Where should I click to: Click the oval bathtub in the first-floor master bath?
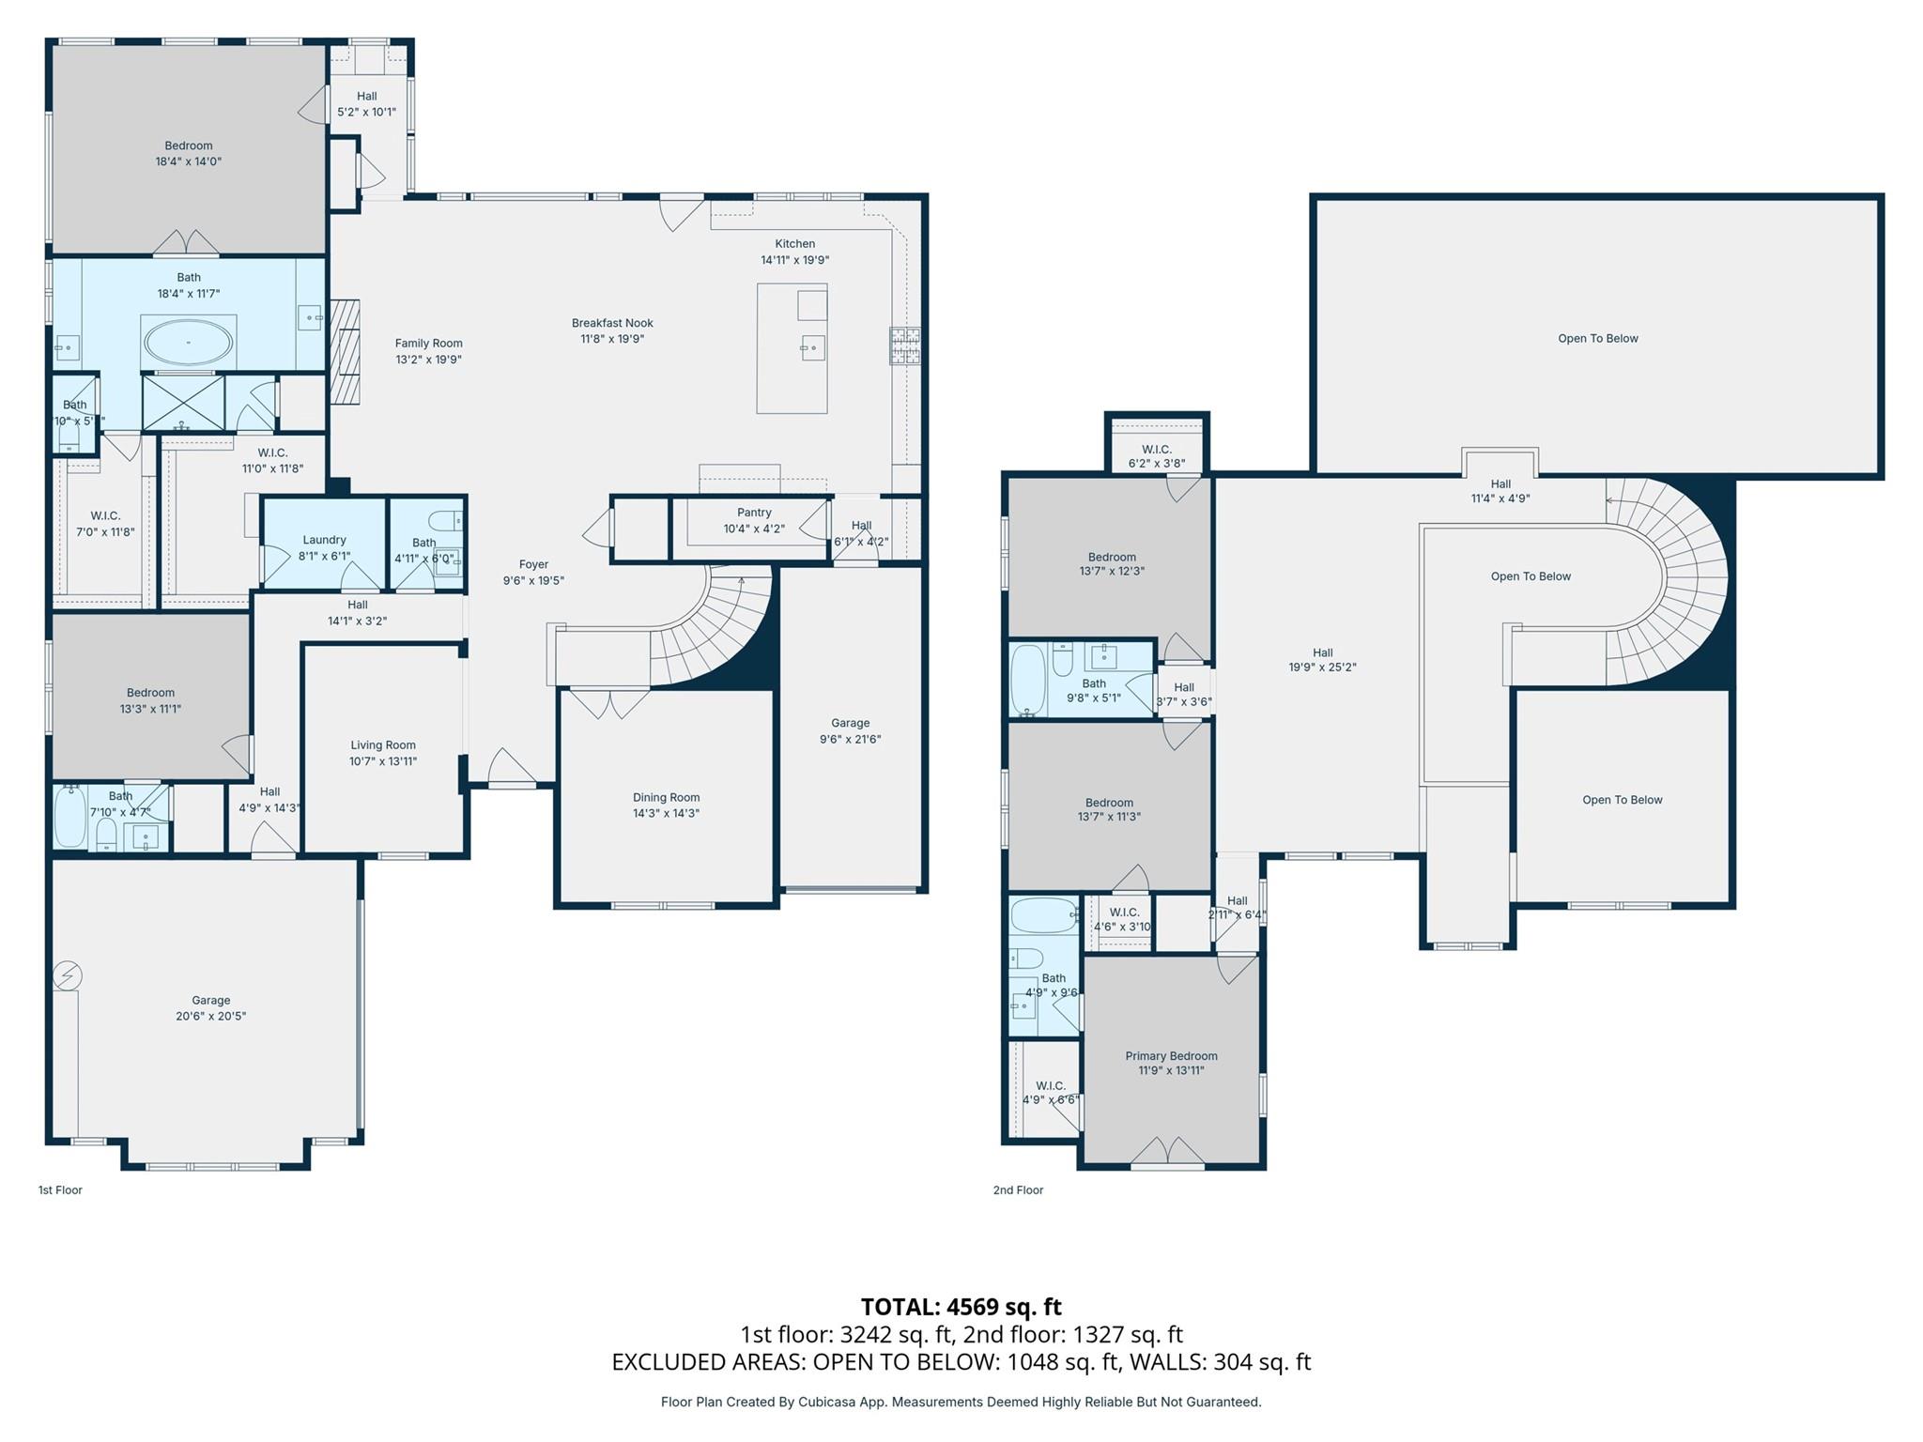pos(188,343)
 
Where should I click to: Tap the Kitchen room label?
pos(794,244)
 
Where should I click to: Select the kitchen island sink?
pos(812,349)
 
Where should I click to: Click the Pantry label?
pos(754,513)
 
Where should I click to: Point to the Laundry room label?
pos(324,540)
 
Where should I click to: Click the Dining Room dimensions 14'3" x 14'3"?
pos(666,813)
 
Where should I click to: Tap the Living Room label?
pos(383,745)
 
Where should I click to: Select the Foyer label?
pos(533,564)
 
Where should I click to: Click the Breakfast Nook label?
pos(612,323)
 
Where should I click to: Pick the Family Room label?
pos(428,344)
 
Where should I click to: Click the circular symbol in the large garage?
pos(68,976)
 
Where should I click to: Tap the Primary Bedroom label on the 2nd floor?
pos(1171,1056)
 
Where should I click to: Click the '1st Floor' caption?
pos(60,1189)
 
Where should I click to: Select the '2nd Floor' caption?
pos(1018,1189)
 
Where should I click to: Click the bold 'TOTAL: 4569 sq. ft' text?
pos(961,1307)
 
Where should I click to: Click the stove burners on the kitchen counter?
pos(905,345)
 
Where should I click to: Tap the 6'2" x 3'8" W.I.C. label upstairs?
pos(1156,464)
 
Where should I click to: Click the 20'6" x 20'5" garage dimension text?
pos(210,1016)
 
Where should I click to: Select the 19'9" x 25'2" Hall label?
pos(1322,667)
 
